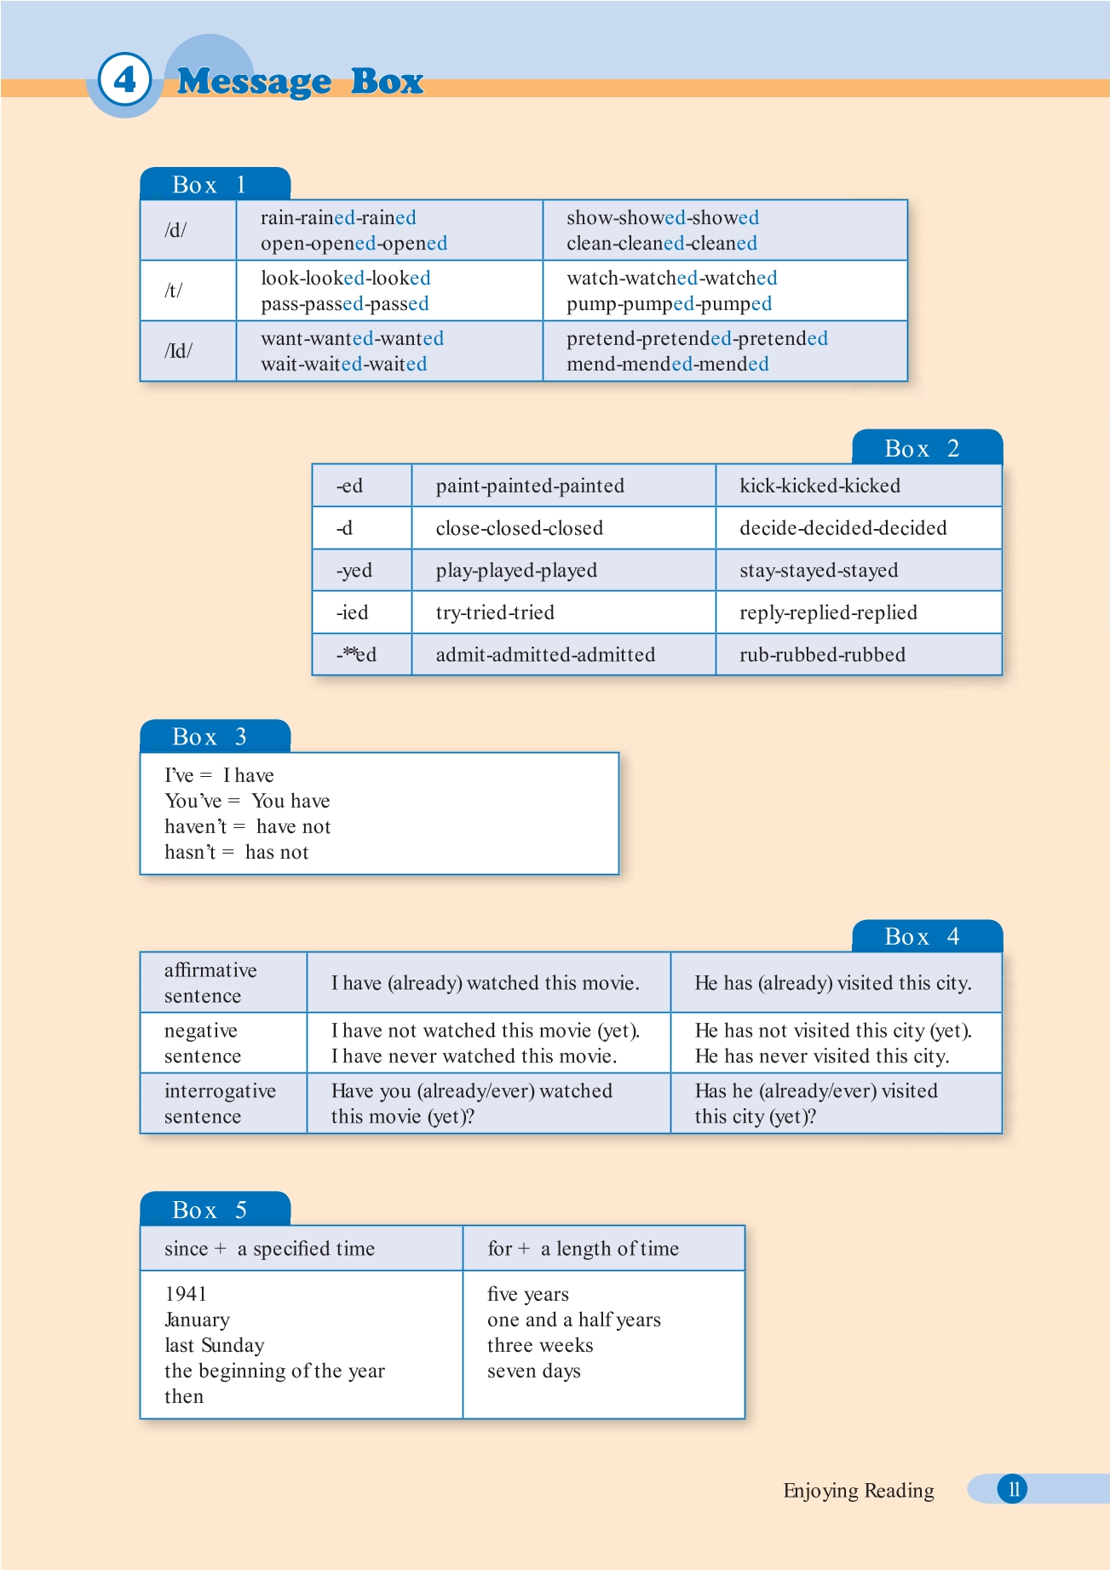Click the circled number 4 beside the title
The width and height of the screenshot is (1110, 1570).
pyautogui.click(x=124, y=80)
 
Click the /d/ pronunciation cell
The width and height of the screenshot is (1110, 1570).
pyautogui.click(x=176, y=230)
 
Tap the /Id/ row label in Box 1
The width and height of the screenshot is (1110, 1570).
pyautogui.click(x=179, y=351)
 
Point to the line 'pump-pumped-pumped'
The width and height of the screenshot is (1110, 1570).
pyautogui.click(x=669, y=304)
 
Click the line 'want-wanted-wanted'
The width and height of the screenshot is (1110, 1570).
pyautogui.click(x=352, y=338)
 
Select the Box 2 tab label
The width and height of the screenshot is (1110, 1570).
pyautogui.click(x=923, y=449)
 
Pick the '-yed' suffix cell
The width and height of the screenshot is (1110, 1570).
pyautogui.click(x=354, y=570)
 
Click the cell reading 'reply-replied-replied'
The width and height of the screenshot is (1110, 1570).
pyautogui.click(x=828, y=612)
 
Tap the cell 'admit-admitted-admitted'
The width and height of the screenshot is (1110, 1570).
pyautogui.click(x=545, y=654)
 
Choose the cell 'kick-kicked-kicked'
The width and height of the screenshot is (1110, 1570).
pyautogui.click(x=820, y=486)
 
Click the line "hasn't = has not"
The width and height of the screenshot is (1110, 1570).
pyautogui.click(x=237, y=852)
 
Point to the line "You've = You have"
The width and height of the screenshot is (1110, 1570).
pyautogui.click(x=247, y=801)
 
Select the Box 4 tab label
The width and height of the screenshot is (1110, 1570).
pyautogui.click(x=923, y=937)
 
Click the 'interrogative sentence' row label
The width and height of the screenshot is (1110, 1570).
pyautogui.click(x=220, y=1103)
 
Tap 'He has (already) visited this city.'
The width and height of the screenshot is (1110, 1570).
pyautogui.click(x=832, y=983)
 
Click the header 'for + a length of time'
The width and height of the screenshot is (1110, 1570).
pyautogui.click(x=583, y=1249)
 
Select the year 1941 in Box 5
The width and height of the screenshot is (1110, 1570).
pyautogui.click(x=186, y=1294)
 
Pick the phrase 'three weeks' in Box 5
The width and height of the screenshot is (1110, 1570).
pyautogui.click(x=540, y=1345)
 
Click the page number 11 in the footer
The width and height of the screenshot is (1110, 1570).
pyautogui.click(x=1013, y=1489)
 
